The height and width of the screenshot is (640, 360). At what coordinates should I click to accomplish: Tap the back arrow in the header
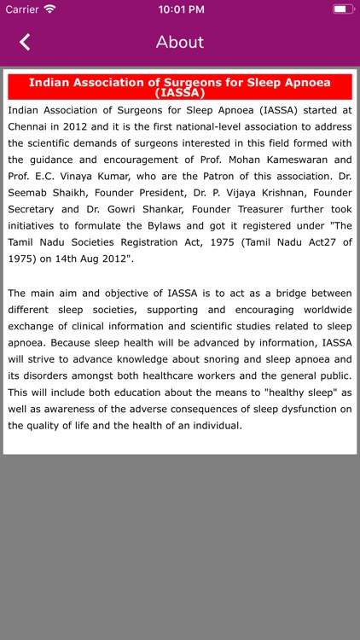click(x=25, y=42)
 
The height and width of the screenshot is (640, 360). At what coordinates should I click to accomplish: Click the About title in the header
click(x=180, y=42)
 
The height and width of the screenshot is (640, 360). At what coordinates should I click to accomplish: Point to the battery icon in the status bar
click(x=342, y=9)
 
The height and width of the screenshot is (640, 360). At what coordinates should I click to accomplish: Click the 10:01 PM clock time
click(x=179, y=9)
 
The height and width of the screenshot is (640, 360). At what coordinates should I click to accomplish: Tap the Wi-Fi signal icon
click(x=49, y=9)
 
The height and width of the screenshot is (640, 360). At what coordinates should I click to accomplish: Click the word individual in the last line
click(x=212, y=425)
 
